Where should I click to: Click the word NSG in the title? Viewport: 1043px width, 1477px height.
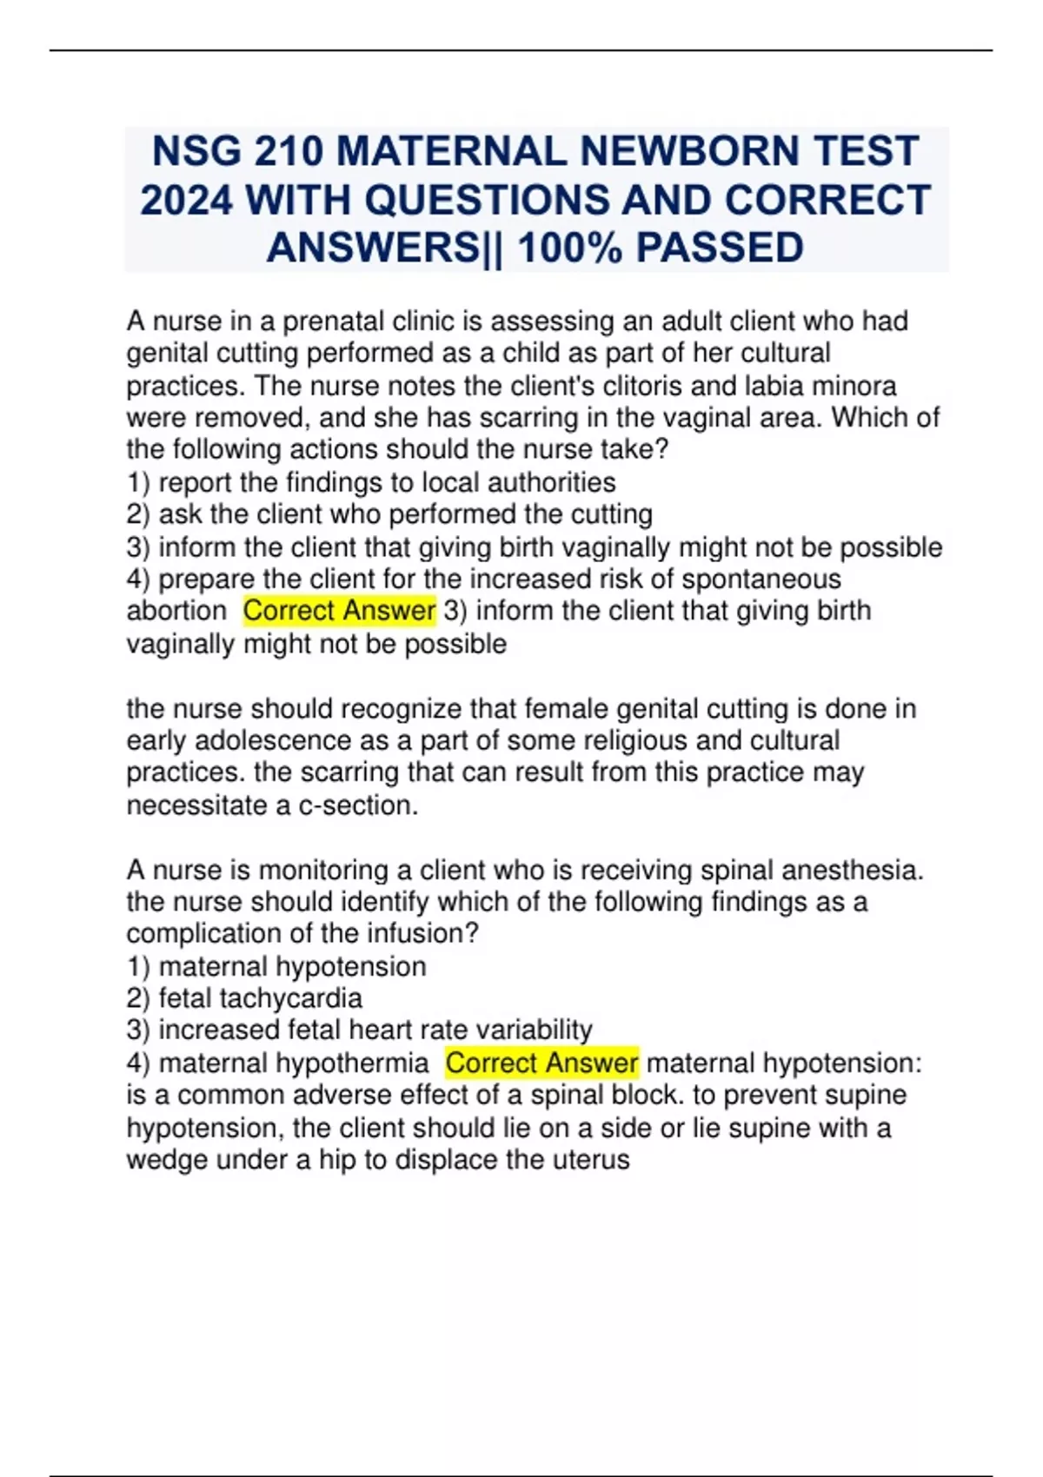196,151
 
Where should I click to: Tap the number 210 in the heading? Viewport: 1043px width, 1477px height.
288,151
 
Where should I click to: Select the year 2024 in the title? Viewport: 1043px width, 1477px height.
186,200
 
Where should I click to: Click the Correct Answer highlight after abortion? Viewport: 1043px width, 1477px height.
339,611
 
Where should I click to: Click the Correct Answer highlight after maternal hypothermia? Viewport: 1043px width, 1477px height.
541,1063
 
